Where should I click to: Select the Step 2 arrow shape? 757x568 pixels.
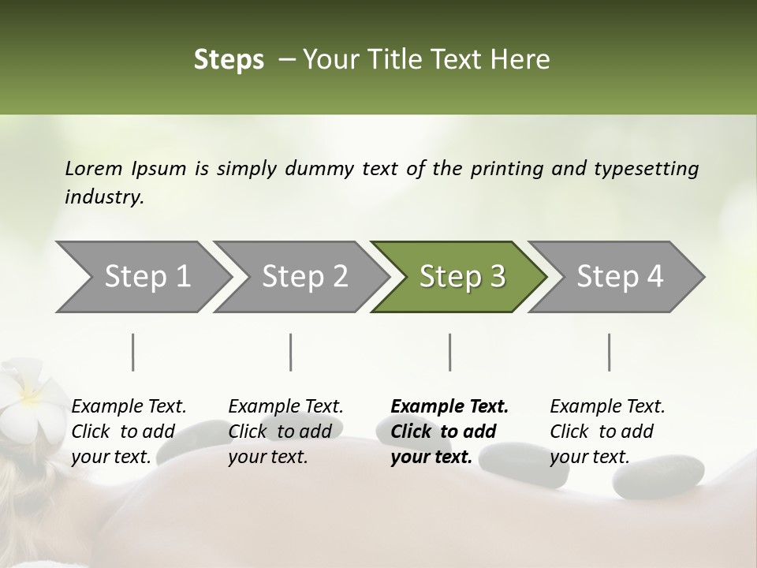(304, 277)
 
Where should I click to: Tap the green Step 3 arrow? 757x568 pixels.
(462, 277)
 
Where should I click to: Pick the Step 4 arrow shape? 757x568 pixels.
(620, 277)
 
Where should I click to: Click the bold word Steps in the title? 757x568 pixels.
(229, 60)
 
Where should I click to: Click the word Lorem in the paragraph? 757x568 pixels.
(94, 168)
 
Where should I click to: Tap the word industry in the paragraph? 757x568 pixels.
(104, 196)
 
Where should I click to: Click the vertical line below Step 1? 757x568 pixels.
(132, 352)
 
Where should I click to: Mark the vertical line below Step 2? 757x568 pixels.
(291, 352)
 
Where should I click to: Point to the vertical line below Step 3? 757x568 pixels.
(449, 352)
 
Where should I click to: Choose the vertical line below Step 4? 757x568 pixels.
(609, 352)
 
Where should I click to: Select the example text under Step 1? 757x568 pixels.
(129, 432)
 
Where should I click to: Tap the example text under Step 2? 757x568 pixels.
(285, 432)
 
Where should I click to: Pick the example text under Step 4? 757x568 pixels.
(607, 432)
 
